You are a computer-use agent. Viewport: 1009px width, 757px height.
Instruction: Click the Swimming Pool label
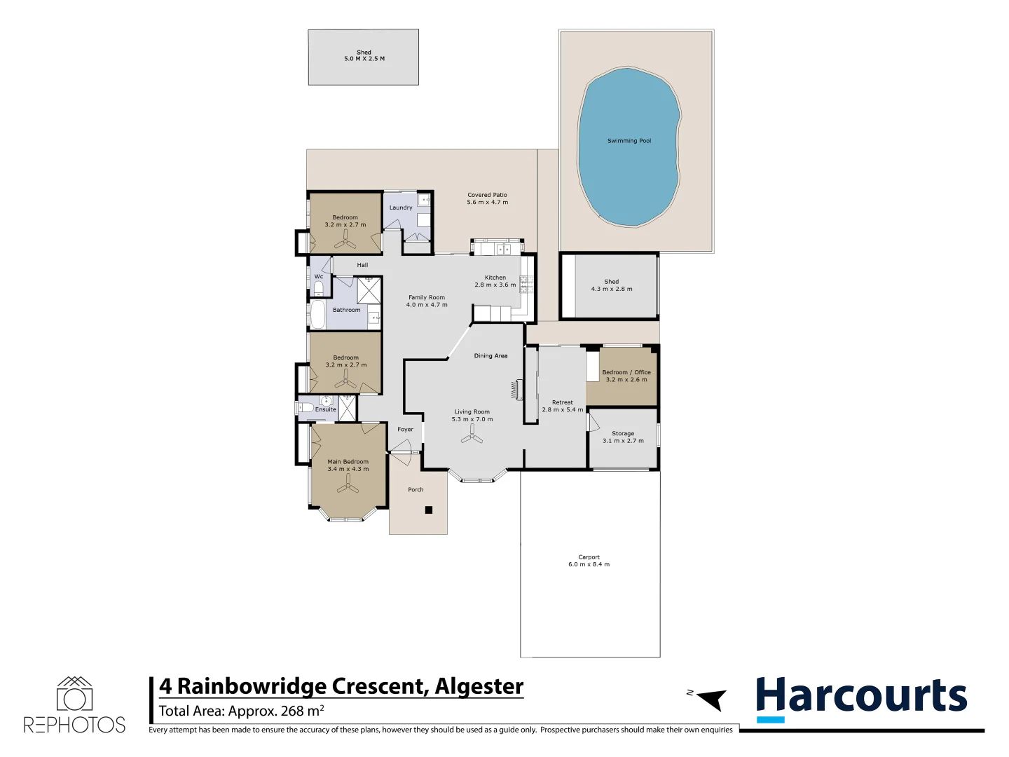coord(629,141)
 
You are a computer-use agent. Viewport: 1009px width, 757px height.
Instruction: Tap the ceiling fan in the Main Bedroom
coord(348,484)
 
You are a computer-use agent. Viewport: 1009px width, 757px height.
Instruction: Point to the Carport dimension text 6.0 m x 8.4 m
coord(589,564)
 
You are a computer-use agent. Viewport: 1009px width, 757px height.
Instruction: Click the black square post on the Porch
coord(429,510)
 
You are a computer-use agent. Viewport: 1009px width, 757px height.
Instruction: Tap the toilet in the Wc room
coord(318,288)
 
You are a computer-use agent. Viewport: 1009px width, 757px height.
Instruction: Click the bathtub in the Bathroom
coord(317,315)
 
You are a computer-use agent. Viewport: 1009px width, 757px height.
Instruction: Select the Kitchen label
coord(495,278)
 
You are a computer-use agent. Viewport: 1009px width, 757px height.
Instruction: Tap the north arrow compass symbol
coord(711,699)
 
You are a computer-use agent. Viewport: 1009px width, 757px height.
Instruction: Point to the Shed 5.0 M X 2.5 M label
coord(364,55)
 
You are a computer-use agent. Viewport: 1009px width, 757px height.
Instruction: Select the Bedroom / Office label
coord(626,372)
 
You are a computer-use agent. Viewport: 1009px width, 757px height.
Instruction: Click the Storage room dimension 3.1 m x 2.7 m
coord(623,441)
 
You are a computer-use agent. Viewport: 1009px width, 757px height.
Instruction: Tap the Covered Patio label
coord(487,195)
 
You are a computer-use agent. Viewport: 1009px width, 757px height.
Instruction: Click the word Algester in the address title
coord(479,686)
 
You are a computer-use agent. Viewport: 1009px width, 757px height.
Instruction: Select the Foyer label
coord(405,430)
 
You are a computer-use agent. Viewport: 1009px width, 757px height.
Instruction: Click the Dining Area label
coord(490,356)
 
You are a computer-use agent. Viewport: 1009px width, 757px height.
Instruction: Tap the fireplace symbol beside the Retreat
coord(518,389)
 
